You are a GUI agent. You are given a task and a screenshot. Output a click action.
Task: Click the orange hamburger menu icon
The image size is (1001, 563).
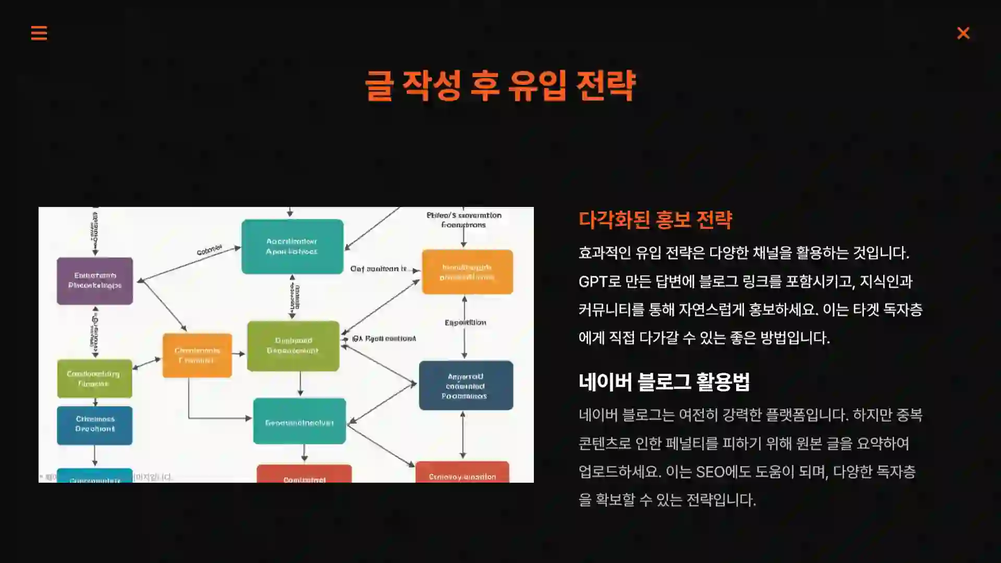[39, 33]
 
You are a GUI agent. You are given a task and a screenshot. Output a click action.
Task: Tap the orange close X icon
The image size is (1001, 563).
[963, 33]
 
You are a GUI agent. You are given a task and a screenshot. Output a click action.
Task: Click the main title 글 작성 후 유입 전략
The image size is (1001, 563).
[500, 85]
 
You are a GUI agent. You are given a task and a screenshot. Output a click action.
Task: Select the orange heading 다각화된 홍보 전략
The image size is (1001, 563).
[655, 220]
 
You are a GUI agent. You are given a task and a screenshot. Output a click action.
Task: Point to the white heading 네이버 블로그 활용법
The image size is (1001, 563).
[664, 382]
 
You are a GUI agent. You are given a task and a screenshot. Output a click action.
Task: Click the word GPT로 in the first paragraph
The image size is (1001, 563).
[600, 281]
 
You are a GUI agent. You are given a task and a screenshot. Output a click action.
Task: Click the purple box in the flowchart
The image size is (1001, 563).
[95, 280]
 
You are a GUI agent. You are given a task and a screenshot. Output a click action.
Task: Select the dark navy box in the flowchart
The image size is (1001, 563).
[466, 385]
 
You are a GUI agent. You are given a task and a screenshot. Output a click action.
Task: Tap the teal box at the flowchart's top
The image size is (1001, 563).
[292, 247]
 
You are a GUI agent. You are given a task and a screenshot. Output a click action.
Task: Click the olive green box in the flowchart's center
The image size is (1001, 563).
[293, 346]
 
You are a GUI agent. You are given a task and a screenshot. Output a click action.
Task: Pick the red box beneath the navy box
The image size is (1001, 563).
[462, 472]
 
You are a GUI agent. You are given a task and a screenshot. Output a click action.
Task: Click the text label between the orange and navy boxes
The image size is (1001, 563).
[465, 323]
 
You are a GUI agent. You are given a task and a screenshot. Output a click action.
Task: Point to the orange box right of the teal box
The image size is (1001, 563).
[467, 272]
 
